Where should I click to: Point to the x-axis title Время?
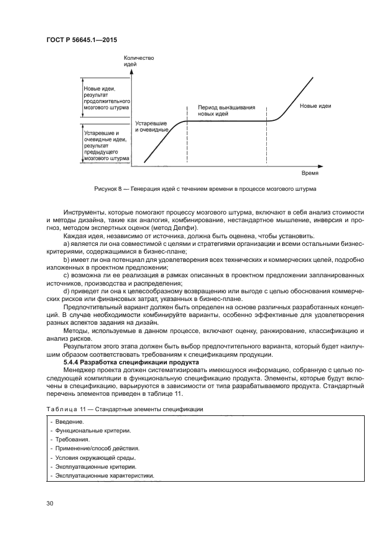[309, 174]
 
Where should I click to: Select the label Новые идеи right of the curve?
[315, 106]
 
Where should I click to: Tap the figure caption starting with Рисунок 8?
[205, 189]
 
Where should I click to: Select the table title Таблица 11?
[125, 409]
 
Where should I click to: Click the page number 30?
[50, 504]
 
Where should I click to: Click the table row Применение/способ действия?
[95, 449]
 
